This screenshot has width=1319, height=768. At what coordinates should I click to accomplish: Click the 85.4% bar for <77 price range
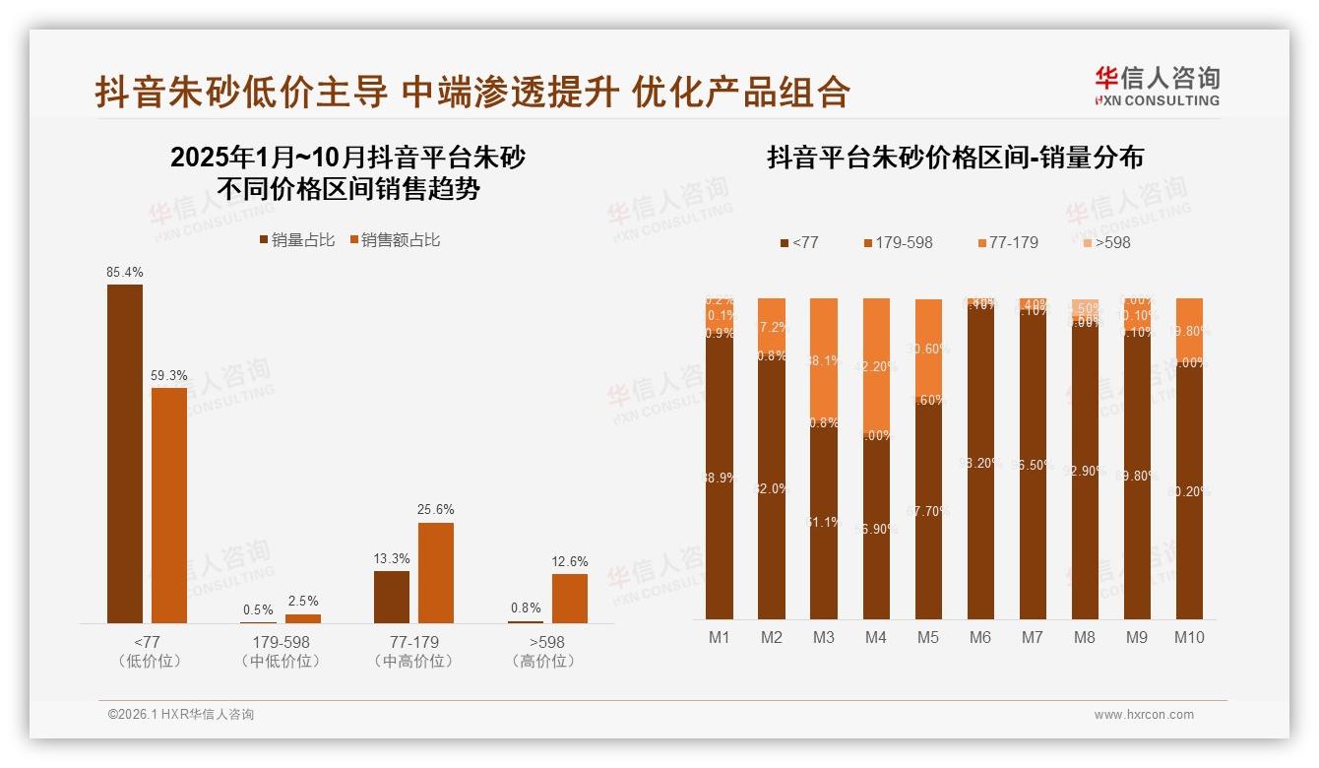(125, 453)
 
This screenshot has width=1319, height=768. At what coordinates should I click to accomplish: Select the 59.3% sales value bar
(169, 505)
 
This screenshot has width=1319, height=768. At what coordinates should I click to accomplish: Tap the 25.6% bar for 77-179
(436, 572)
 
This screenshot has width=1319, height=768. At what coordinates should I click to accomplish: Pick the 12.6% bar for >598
(569, 598)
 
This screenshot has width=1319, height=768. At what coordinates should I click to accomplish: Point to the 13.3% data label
(391, 558)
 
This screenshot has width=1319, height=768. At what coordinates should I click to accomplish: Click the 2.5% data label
(302, 602)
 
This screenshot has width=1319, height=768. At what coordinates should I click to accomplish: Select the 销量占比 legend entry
(296, 240)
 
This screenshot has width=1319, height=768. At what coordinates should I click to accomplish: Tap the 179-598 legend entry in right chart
(898, 242)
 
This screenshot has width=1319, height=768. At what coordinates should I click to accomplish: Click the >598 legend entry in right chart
(1106, 242)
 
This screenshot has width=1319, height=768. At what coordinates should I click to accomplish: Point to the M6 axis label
(979, 637)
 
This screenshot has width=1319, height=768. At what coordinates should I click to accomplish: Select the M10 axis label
(1189, 637)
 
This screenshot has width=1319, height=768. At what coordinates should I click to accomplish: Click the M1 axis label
(720, 637)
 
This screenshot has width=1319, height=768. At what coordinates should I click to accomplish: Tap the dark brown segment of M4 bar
(876, 527)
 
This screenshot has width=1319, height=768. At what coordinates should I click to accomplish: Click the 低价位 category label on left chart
(150, 661)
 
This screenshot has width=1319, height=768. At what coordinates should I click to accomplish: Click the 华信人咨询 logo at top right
(1157, 87)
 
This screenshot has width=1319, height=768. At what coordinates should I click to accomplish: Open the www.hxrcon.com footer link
(1144, 715)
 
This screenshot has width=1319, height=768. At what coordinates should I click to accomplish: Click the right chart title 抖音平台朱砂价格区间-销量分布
(955, 158)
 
